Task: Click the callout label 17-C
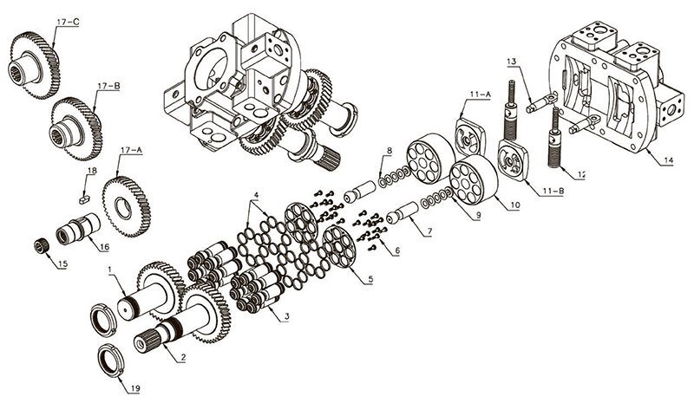[x=68, y=22]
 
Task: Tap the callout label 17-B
[x=109, y=86]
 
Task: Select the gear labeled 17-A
[x=127, y=206]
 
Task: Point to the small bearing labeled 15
[x=41, y=246]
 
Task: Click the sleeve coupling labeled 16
[x=77, y=228]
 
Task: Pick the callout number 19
[x=135, y=389]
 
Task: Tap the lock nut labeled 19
[x=111, y=361]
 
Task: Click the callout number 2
[x=183, y=357]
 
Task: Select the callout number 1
[x=110, y=270]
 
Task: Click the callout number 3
[x=287, y=316]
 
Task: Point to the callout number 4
[x=256, y=195]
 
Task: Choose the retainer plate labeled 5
[x=340, y=246]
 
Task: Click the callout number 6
[x=397, y=250]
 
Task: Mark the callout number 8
[x=389, y=152]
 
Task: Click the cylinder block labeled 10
[x=473, y=179]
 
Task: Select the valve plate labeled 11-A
[x=470, y=137]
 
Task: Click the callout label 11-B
[x=553, y=192]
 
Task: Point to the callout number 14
[x=668, y=160]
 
